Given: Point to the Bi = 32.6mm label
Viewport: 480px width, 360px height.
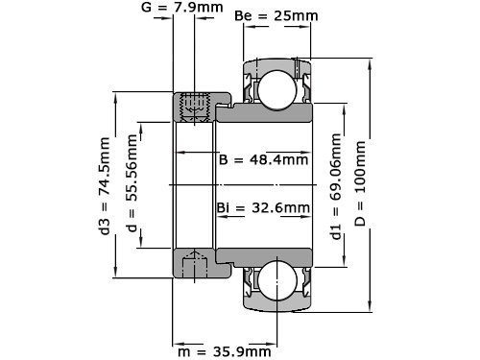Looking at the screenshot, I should pyautogui.click(x=263, y=207).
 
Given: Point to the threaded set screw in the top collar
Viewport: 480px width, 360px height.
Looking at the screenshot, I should pyautogui.click(x=196, y=107).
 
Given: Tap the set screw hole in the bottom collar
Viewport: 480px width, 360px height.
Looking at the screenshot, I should pyautogui.click(x=196, y=261).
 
